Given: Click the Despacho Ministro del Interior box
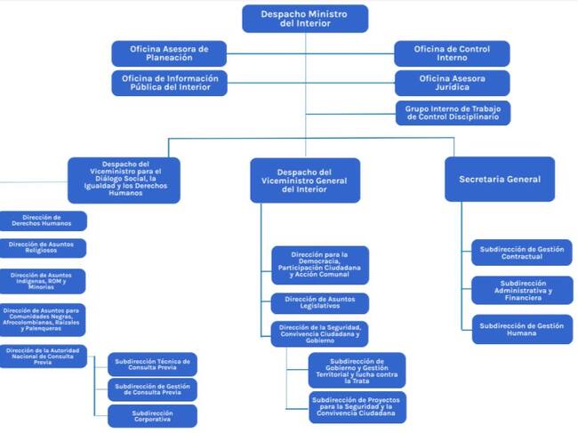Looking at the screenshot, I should (305, 19).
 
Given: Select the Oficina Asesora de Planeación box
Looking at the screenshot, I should (169, 53).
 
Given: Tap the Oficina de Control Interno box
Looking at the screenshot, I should (453, 53).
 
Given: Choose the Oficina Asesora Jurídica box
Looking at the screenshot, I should (453, 84).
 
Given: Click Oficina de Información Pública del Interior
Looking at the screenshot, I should (169, 84).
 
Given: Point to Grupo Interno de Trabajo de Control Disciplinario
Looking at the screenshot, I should (453, 113).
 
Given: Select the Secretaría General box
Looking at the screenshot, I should (499, 179).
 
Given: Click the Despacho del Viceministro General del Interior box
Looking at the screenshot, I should (305, 180).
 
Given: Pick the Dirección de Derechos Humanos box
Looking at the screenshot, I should (43, 221).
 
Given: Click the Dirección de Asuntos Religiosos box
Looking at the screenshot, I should (43, 248).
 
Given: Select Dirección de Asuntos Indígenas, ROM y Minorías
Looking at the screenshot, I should (43, 281).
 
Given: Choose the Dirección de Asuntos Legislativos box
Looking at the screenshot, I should (320, 303).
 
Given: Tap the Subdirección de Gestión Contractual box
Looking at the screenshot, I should (522, 253).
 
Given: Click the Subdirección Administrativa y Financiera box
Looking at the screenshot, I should (522, 290).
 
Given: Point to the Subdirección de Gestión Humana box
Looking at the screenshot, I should (522, 330).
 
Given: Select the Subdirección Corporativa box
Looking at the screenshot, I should (152, 416).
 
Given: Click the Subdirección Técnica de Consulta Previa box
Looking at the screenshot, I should (152, 364).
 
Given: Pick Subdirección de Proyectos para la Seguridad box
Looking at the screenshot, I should (357, 407).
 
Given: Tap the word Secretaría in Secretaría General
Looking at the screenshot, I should (481, 179).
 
